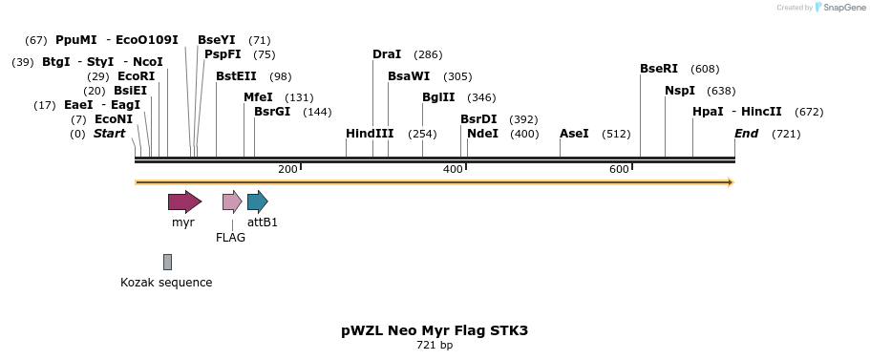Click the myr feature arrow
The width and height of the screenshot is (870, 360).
(184, 201)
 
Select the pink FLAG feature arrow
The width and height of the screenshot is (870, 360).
(232, 201)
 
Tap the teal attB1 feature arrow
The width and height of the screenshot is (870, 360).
(257, 201)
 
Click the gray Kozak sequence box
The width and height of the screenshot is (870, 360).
(167, 262)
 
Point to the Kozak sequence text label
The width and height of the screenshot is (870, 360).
(166, 283)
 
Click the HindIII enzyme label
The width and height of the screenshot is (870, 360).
(370, 134)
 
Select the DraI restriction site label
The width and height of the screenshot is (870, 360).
(387, 54)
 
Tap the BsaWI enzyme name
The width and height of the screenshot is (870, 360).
(409, 76)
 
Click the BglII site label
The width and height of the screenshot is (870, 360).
(438, 97)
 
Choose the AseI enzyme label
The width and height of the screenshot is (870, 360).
(574, 134)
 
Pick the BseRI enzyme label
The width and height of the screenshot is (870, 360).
(659, 69)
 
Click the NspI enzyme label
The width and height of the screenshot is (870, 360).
(680, 91)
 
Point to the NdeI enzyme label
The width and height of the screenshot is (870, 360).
(482, 134)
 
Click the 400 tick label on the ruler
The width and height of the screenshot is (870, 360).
(453, 169)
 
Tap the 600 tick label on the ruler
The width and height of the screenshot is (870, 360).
(619, 169)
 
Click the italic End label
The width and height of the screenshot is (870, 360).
(746, 134)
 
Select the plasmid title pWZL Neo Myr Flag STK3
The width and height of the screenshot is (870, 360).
(435, 330)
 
